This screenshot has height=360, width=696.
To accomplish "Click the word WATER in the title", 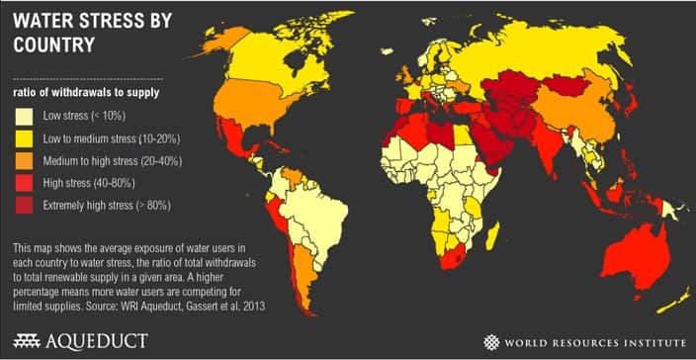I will pos(44,20).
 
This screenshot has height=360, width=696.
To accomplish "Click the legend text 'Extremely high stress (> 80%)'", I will pos(104,205).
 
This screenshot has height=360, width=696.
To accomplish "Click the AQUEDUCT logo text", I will pos(98,341).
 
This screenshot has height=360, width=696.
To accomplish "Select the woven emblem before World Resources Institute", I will pos(490,342).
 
